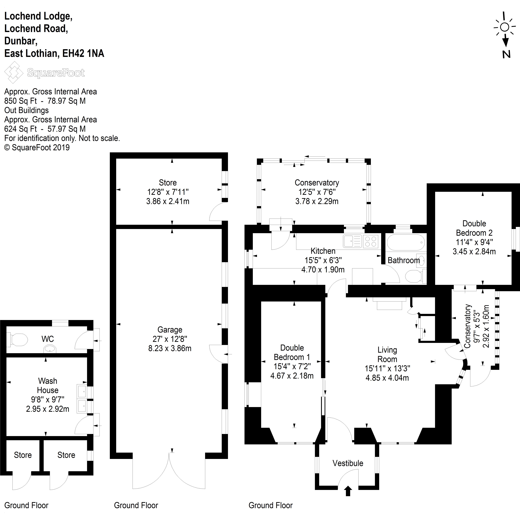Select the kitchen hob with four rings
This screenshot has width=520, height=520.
pos(371,241)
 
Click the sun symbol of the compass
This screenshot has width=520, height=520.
pos(505,27)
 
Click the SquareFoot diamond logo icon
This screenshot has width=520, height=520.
pos(13,72)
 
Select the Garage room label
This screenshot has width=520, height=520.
pos(170,330)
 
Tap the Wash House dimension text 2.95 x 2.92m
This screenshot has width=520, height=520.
pos(48,409)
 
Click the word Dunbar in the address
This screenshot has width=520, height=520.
pos(20,41)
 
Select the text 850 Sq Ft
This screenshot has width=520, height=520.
pos(21,101)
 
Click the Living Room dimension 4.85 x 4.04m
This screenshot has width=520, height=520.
pos(387,378)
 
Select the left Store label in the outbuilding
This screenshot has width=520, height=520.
pos(23,455)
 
